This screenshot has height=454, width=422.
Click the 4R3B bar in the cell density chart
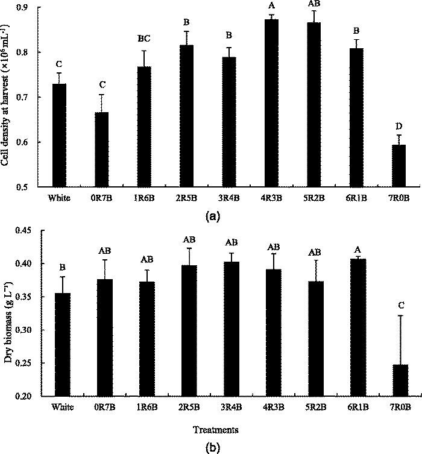pos(272,103)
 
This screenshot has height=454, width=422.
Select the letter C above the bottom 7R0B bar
pos(400,305)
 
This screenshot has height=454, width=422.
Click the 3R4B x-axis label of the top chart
pos(230,197)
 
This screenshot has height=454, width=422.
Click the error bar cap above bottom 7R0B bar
pos(400,315)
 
